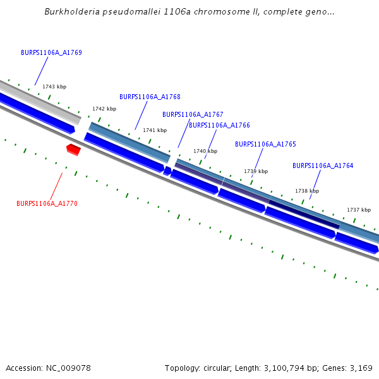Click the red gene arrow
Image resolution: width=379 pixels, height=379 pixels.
[x=73, y=149]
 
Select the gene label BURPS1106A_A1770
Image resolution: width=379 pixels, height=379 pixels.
[x=47, y=203]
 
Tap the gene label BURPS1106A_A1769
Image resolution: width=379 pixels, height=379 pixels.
[x=51, y=53]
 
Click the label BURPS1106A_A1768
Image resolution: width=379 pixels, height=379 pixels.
[x=150, y=97]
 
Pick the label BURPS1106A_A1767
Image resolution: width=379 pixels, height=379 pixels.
[x=193, y=114]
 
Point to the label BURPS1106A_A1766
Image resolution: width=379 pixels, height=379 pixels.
[x=219, y=125]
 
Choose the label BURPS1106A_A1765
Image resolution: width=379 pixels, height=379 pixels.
[x=265, y=144]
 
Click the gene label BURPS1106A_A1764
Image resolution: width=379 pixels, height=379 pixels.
[x=323, y=165]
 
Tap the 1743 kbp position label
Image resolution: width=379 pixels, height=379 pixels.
[x=54, y=87]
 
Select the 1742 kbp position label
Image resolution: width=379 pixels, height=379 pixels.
[x=104, y=109]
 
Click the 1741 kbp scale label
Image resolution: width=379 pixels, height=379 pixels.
[x=155, y=130]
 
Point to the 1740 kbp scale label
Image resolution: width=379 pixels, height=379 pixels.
[x=205, y=151]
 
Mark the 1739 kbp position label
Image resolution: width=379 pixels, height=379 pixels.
[x=256, y=171]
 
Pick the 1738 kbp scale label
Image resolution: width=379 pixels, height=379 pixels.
[x=307, y=191]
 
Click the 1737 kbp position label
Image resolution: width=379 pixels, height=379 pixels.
[x=359, y=210]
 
